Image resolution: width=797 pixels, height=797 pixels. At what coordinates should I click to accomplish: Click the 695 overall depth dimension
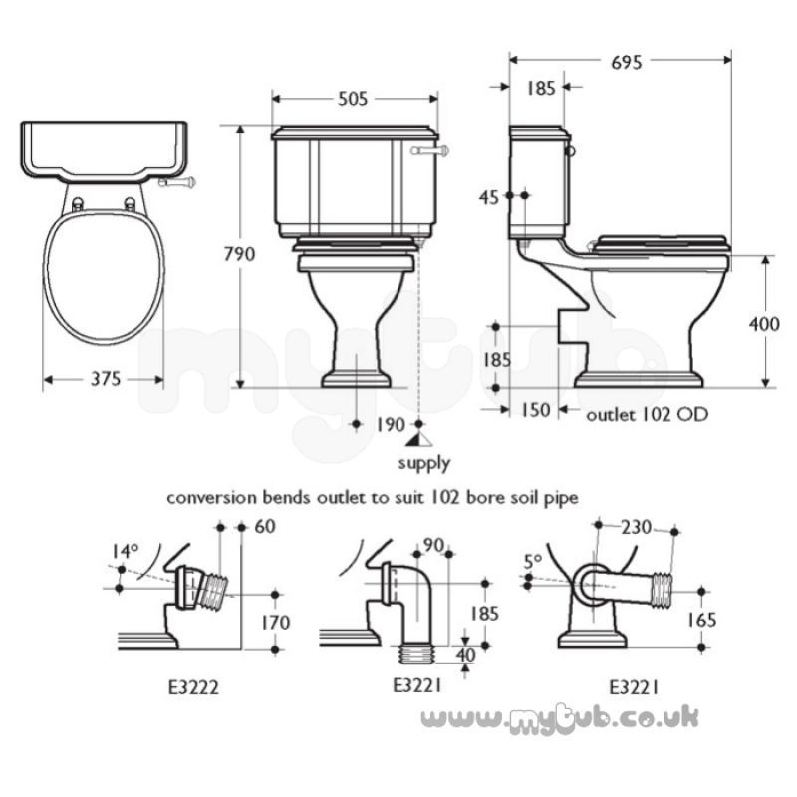coord(627,62)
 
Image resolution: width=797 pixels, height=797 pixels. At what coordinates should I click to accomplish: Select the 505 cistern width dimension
coord(353,98)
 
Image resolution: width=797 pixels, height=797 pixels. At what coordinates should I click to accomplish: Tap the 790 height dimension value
coord(239,254)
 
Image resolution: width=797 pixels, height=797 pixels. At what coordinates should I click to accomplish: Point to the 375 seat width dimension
coord(106,379)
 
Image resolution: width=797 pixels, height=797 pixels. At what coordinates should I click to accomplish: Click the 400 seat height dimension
coord(764,324)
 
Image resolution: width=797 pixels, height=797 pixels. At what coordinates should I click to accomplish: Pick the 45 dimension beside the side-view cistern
coord(489,197)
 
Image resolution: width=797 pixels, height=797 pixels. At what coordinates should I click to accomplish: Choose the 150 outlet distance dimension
coord(536,410)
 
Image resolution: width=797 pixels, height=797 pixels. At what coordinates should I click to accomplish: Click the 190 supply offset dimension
coord(390,425)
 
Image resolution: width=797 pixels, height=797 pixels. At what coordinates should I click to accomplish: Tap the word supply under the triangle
coord(424,463)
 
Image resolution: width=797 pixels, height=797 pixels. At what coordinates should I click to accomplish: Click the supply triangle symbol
coord(419,440)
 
